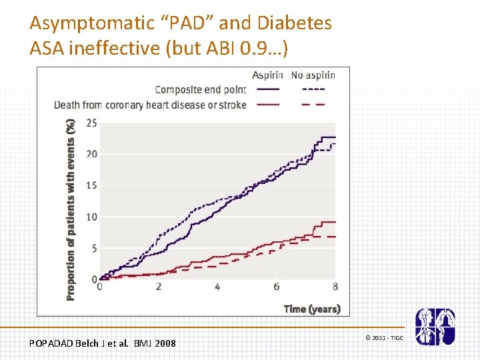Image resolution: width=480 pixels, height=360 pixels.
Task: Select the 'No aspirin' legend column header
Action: [x=313, y=75]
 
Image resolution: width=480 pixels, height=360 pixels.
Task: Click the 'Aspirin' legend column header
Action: [x=269, y=75]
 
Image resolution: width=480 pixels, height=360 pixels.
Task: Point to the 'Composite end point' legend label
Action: [x=200, y=90]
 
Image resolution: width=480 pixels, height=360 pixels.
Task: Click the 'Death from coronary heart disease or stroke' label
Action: [x=150, y=105]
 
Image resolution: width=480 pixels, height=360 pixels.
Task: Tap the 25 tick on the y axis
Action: [x=91, y=123]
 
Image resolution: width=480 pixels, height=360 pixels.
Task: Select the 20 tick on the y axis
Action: [x=91, y=154]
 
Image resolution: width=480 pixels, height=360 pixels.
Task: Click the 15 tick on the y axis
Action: [x=91, y=185]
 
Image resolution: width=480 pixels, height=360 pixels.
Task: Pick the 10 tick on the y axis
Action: [x=91, y=217]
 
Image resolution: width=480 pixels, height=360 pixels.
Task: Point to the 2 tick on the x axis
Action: [x=159, y=287]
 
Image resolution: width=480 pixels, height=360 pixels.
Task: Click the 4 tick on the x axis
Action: [x=217, y=287]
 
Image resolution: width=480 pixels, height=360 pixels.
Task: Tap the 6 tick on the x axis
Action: [x=276, y=287]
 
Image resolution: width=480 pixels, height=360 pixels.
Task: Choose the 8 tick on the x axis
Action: [x=335, y=287]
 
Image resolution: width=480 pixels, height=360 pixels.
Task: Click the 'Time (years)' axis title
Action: [x=312, y=309]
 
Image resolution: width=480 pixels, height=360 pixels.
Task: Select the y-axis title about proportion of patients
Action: [x=71, y=209]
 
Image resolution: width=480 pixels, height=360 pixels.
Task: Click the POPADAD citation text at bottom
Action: [x=103, y=343]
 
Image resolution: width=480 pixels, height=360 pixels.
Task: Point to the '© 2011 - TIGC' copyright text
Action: [x=384, y=338]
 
